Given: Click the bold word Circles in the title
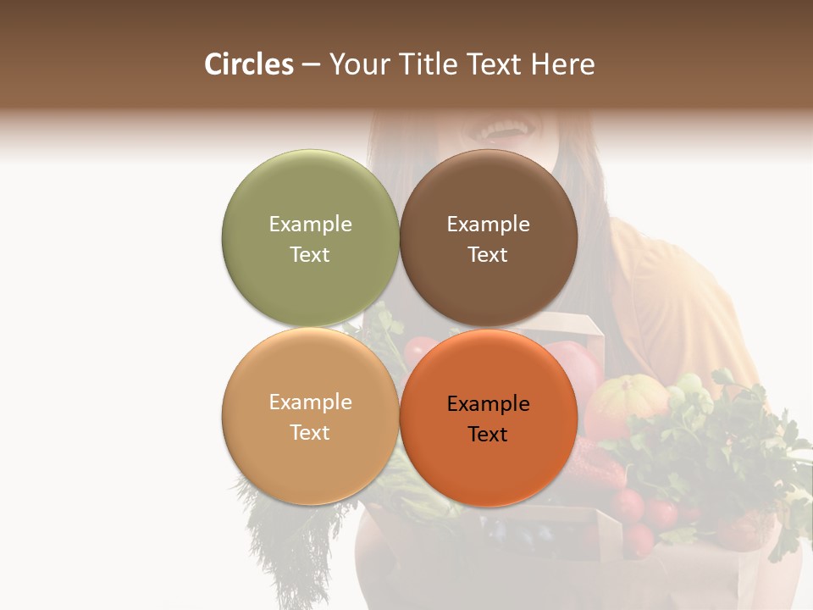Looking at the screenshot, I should click(248, 64).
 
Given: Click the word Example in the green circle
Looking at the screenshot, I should click(310, 224).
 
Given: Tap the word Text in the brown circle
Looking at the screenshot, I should click(488, 254).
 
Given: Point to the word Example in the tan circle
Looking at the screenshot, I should click(310, 402).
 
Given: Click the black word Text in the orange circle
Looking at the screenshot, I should click(488, 434).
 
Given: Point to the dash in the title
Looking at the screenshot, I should click(311, 65).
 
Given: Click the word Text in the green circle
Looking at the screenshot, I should click(310, 254).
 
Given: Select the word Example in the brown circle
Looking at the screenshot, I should click(488, 224).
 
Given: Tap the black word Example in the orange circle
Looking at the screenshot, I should click(488, 403).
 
